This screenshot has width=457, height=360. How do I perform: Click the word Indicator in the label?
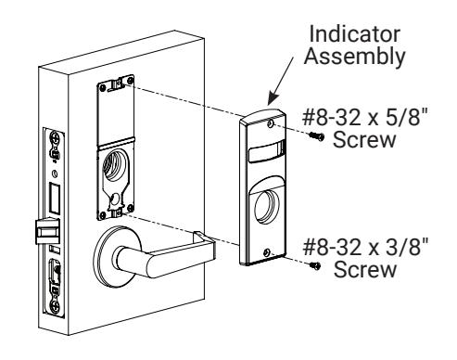[x=354, y=34]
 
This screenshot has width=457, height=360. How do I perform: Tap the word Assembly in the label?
[x=354, y=57]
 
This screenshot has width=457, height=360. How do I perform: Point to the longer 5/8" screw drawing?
[x=317, y=135]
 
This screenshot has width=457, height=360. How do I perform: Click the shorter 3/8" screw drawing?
[x=316, y=265]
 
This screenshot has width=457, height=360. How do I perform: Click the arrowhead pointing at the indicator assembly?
[x=273, y=99]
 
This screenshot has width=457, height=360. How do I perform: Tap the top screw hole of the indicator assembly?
[x=271, y=123]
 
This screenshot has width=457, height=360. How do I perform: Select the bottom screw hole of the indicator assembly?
[x=266, y=252]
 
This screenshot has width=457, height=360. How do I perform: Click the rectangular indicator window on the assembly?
[x=267, y=151]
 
